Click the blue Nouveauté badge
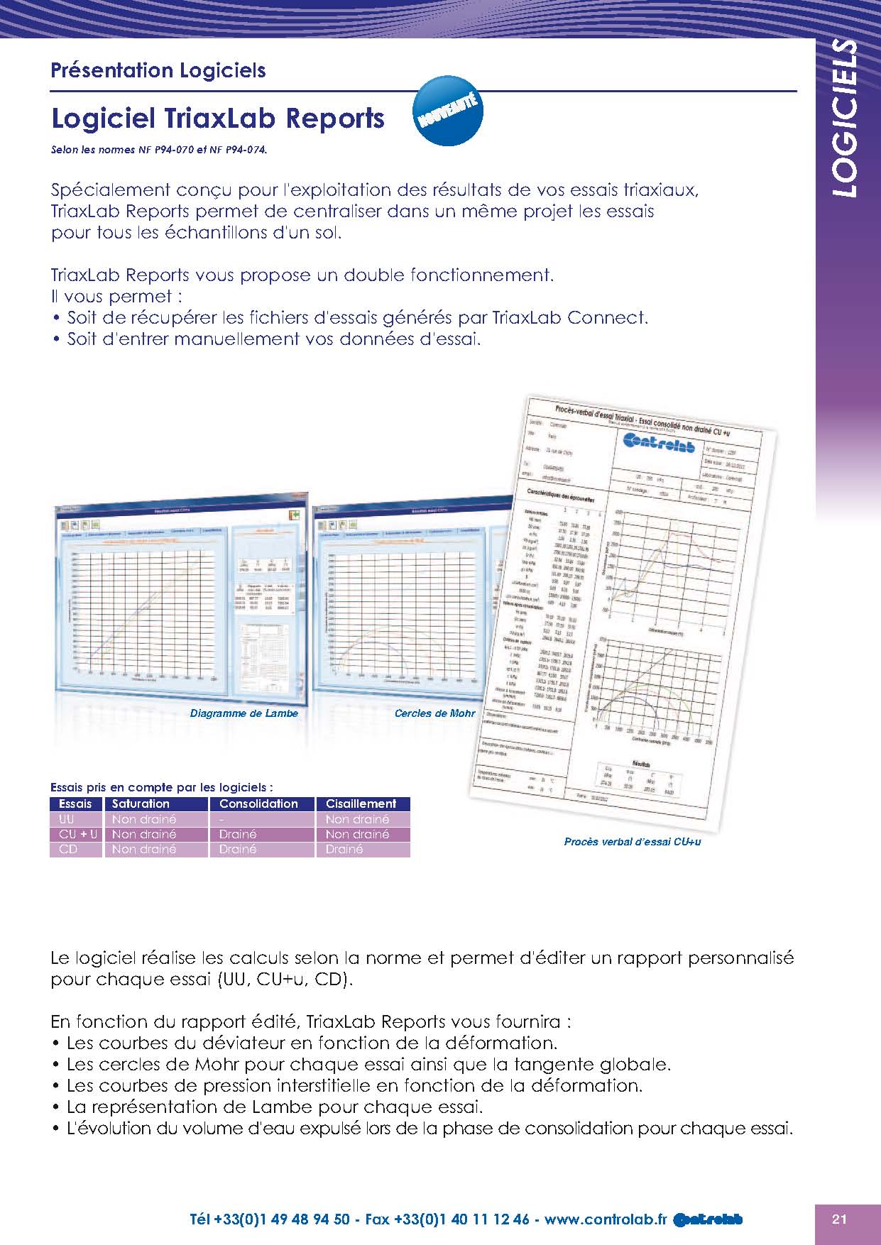coord(448,111)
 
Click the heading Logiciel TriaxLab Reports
coord(218,119)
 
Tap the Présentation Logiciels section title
coord(158,70)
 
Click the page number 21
coord(839,1219)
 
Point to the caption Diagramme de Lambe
coord(244,713)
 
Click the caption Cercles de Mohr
coord(434,713)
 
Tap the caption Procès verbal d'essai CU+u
coord(633,842)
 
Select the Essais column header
coord(75,804)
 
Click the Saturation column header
coord(141,804)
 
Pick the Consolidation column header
coord(258,804)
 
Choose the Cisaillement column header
coord(361,804)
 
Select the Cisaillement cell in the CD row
coord(344,849)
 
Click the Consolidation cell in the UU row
coord(222,819)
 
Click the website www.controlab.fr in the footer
coord(606,1219)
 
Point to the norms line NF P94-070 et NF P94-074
coord(160,150)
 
